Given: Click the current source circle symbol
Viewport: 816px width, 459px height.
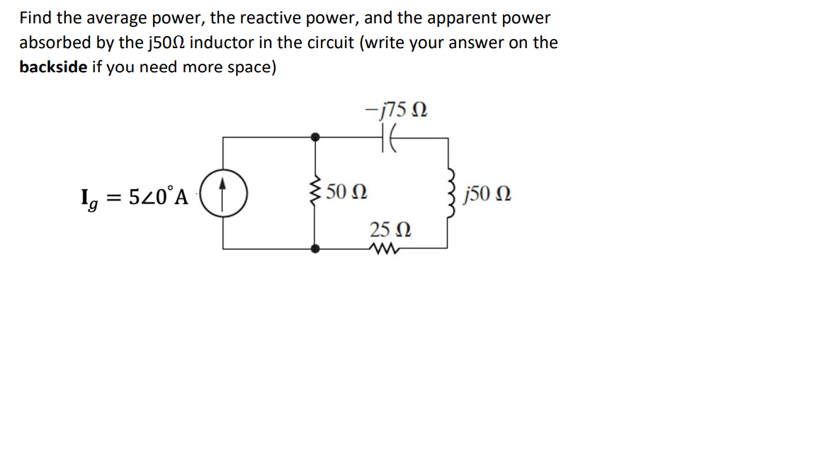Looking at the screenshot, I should pos(223,192).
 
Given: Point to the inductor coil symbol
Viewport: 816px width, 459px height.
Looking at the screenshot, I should pos(448,192).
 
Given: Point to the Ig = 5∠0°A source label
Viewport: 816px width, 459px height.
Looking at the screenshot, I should pos(135,196).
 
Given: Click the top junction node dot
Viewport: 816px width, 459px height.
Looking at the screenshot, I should pos(315,136).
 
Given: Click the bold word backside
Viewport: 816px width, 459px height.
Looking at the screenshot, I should pos(54,67).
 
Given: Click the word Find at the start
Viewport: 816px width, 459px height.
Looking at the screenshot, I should pos(35,18).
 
